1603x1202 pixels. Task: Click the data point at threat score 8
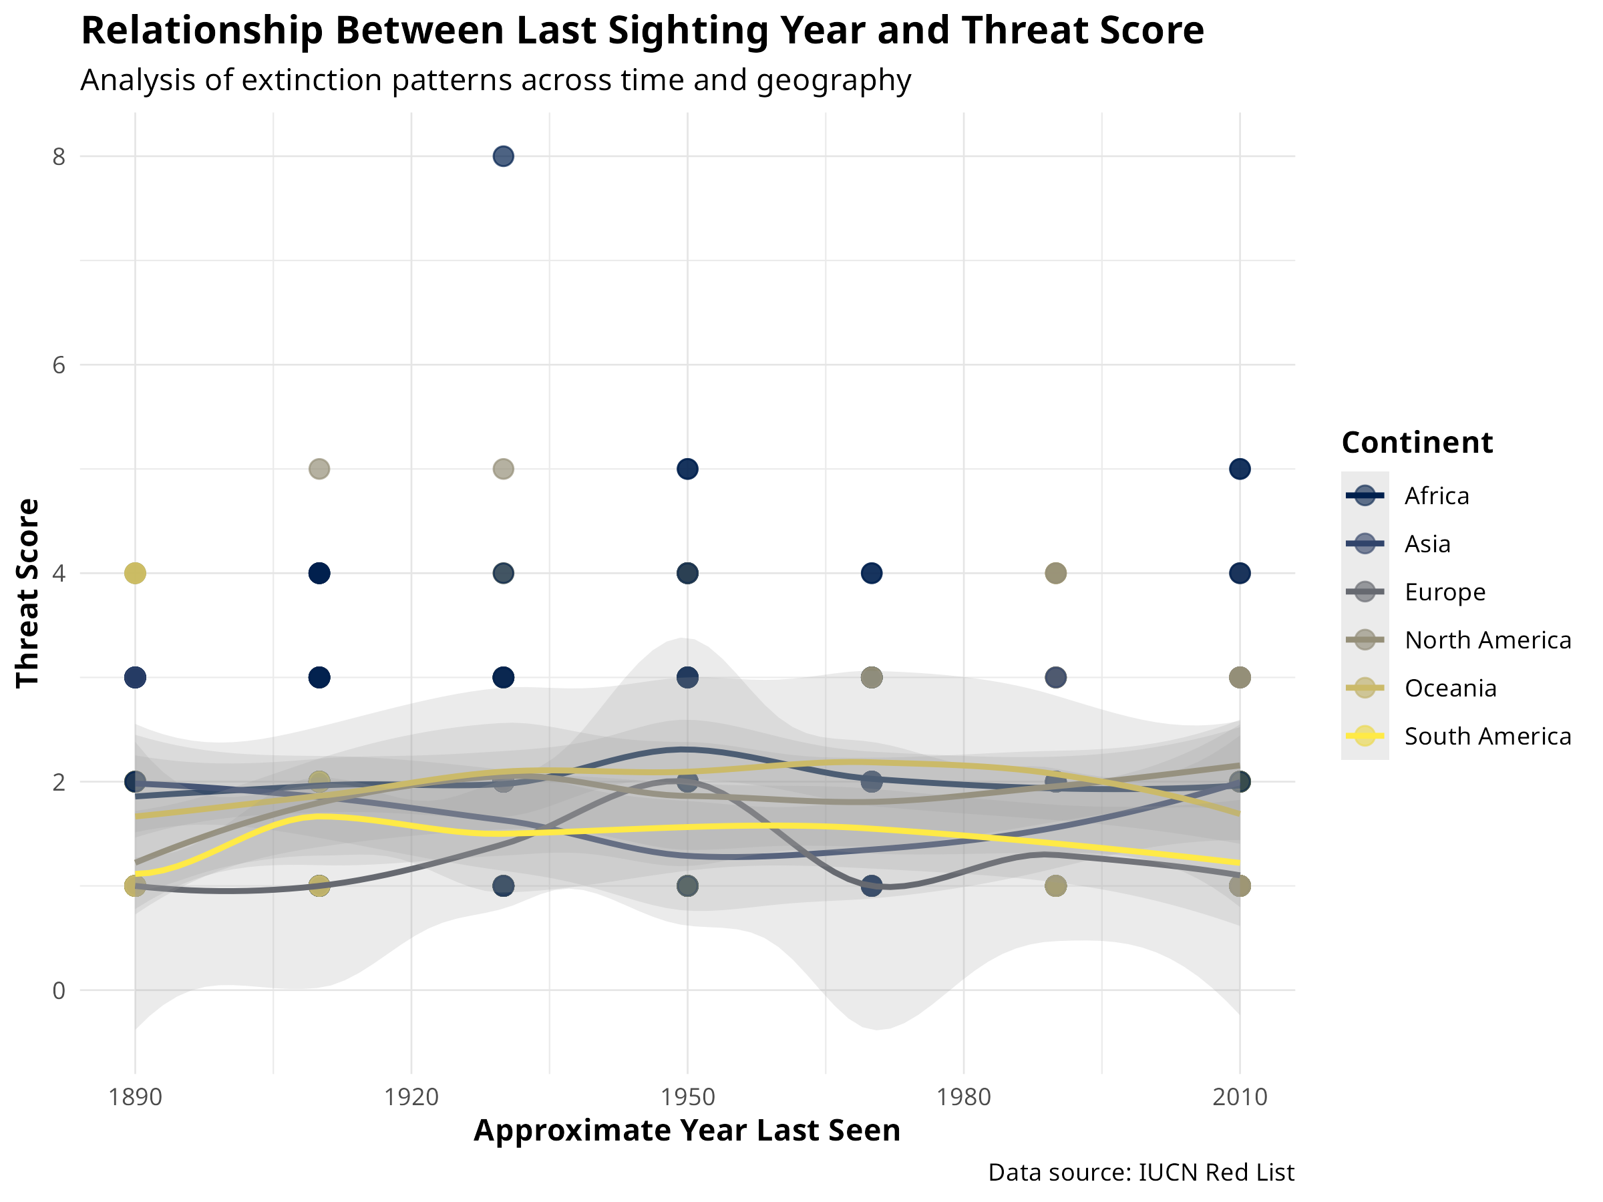503,156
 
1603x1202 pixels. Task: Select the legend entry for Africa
1436,496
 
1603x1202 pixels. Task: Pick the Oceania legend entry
1450,688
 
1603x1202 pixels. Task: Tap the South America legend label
1487,737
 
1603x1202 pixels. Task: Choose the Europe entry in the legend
1444,593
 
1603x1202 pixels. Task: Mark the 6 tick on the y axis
59,365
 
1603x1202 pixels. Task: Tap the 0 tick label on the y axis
59,990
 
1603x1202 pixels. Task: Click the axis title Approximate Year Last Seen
686,1131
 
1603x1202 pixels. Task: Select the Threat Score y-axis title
27,593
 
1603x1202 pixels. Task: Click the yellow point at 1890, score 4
136,573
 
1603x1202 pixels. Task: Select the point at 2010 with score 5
1240,469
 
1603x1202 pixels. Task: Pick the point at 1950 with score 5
687,469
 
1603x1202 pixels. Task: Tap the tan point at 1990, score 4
1056,573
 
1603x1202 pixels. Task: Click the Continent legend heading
1417,443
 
